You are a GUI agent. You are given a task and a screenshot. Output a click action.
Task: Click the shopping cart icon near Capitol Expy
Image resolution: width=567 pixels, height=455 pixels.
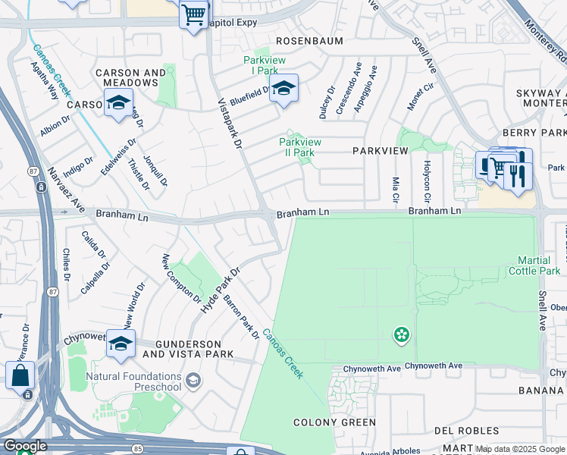pyautogui.click(x=193, y=14)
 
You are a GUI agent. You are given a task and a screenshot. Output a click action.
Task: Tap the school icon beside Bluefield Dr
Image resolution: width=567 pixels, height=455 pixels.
pyautogui.click(x=283, y=89)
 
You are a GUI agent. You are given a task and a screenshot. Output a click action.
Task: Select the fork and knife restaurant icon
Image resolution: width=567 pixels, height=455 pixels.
pyautogui.click(x=517, y=177)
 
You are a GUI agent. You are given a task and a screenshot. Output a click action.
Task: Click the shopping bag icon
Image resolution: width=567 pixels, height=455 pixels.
pyautogui.click(x=20, y=375)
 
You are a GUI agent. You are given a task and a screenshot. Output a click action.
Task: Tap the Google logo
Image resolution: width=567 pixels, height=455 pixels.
pyautogui.click(x=25, y=446)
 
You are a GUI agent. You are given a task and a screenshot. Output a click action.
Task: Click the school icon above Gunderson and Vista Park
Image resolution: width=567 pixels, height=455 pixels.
pyautogui.click(x=121, y=344)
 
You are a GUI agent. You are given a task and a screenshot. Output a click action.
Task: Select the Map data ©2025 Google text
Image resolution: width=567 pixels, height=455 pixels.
pyautogui.click(x=520, y=449)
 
